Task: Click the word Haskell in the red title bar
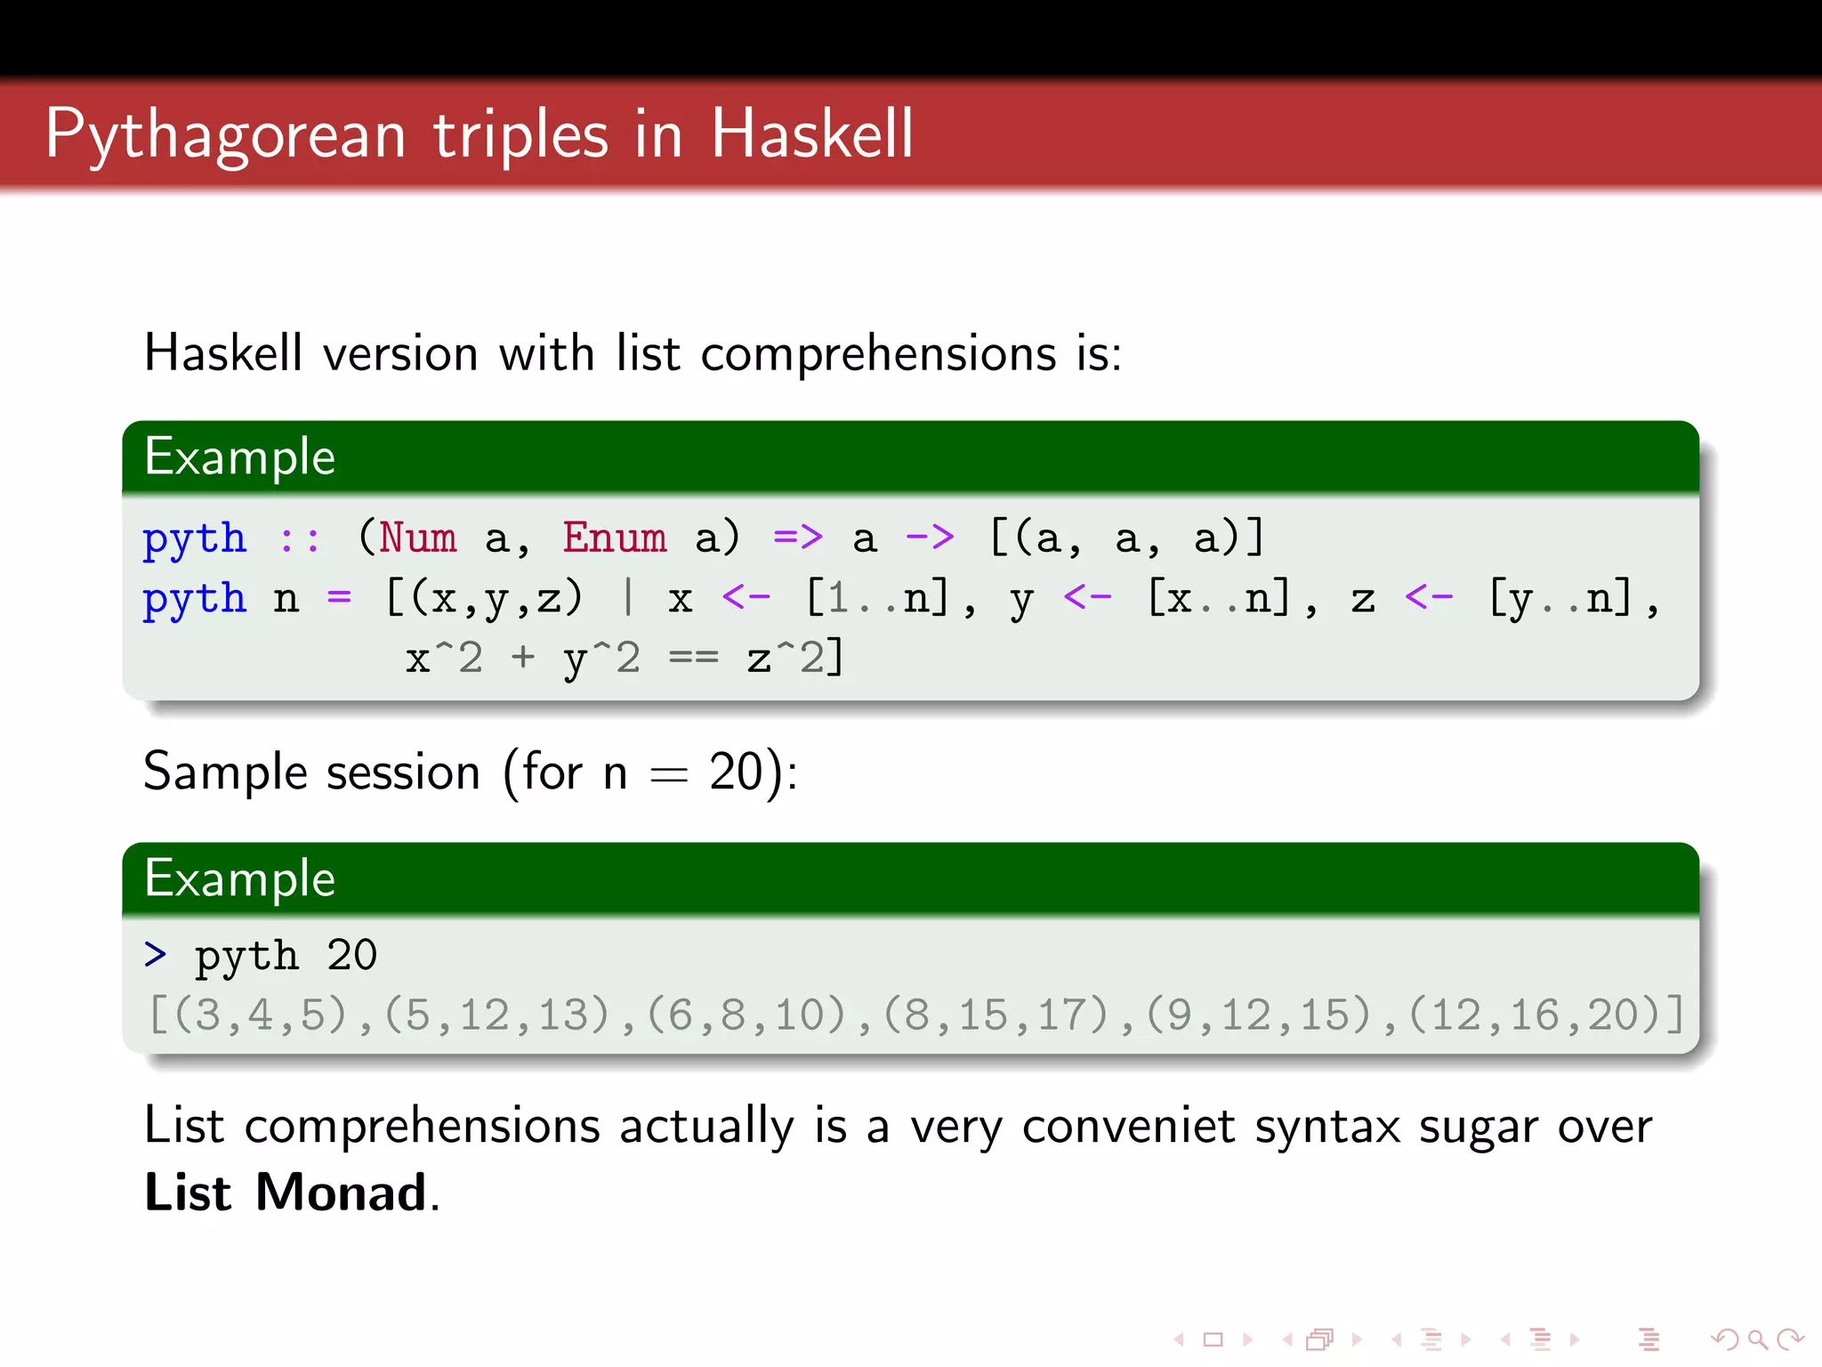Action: pos(811,133)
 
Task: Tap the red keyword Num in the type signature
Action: pos(417,538)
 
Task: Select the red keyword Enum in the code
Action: pos(614,538)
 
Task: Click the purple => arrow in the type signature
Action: pos(797,537)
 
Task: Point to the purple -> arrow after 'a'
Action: pos(929,537)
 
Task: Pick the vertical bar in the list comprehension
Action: pos(628,597)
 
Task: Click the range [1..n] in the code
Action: pos(876,598)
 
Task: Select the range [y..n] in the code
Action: pos(1560,598)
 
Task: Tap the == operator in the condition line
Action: pos(693,659)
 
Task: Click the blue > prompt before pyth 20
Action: pos(155,955)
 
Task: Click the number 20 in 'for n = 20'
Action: pos(736,772)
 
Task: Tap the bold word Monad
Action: pos(341,1193)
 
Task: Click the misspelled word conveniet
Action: pos(1128,1127)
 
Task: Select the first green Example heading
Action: pos(240,457)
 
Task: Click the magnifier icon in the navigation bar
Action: pos(1757,1339)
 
